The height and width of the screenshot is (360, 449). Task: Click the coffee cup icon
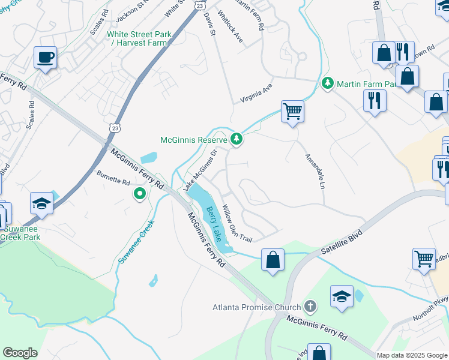click(x=46, y=58)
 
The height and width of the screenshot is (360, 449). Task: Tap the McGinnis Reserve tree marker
click(x=237, y=140)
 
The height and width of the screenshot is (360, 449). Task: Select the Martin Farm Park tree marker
click(x=328, y=83)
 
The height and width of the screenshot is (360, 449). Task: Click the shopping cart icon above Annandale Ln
click(x=292, y=111)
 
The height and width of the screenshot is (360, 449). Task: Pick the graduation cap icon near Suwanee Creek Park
click(x=42, y=203)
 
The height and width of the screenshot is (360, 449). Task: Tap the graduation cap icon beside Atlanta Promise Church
click(x=342, y=296)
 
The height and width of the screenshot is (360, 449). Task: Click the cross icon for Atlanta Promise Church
click(x=310, y=307)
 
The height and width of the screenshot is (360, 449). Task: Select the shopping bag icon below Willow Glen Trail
click(x=273, y=260)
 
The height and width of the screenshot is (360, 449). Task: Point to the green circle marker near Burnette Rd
click(x=140, y=193)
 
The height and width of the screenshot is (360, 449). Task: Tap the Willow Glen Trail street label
click(x=237, y=223)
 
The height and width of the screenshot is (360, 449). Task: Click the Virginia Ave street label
click(x=256, y=91)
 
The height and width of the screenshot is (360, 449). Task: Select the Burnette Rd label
click(x=113, y=178)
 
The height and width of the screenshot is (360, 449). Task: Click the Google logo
click(x=20, y=353)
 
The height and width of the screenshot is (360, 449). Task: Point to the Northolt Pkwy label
click(x=431, y=308)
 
